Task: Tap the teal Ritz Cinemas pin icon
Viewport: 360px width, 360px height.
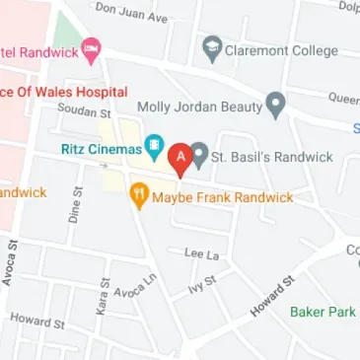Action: click(x=155, y=149)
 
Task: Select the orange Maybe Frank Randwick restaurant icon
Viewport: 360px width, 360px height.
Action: click(x=140, y=196)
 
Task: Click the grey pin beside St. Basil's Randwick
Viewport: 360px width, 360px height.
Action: click(x=200, y=155)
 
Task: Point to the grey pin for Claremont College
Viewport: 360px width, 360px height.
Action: click(x=212, y=47)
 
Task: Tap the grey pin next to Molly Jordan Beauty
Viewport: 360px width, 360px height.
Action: click(x=277, y=102)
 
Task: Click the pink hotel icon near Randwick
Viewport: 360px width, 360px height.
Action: click(x=92, y=46)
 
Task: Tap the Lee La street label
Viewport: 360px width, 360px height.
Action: click(x=200, y=254)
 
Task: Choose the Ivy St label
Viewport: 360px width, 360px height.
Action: click(x=201, y=283)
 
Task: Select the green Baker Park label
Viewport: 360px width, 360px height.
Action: click(x=323, y=312)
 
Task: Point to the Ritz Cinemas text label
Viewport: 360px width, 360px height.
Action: click(x=95, y=150)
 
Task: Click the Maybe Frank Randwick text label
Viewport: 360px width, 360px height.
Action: click(x=223, y=197)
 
